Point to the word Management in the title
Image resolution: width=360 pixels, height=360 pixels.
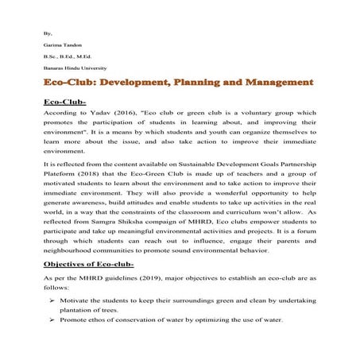point(277,83)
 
